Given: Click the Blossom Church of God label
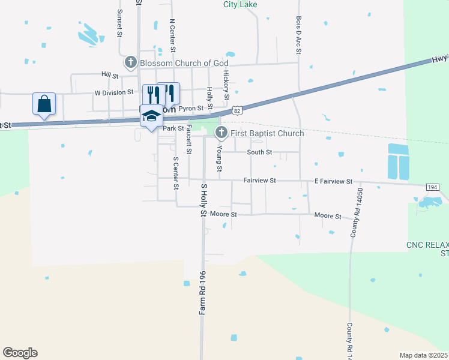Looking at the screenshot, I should point(184,63).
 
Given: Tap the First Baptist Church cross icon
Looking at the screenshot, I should point(221,133).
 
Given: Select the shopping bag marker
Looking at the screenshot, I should point(44,104).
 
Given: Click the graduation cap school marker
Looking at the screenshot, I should point(151,116).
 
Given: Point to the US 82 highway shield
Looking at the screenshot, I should point(238,110).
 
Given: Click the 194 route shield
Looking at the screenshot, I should point(433,187).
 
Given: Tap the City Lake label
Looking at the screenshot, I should point(240,4).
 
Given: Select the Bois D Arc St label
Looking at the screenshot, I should point(298,35).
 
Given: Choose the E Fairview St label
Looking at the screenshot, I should point(334,181).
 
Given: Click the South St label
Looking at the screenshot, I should point(260,152).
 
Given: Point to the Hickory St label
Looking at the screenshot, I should point(226,85).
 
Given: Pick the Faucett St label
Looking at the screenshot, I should point(188,139).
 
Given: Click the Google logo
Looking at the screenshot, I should point(20,353).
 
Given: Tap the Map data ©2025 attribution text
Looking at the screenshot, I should point(424,355).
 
